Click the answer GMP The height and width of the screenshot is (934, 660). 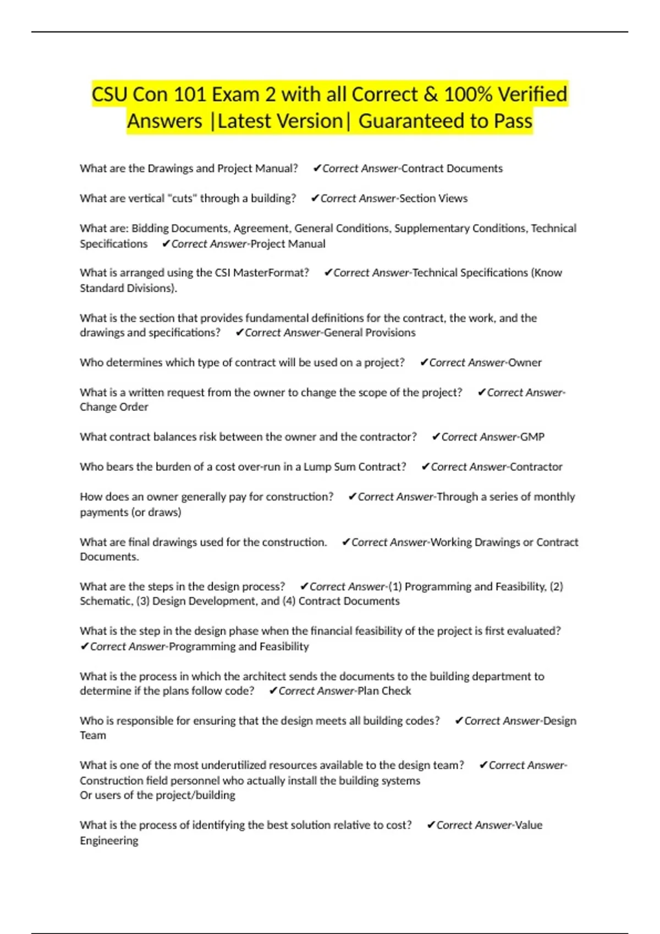(532, 437)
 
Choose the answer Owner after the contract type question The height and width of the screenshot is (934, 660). (525, 363)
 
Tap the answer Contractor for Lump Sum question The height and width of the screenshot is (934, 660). (536, 467)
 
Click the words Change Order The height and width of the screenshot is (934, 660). (114, 407)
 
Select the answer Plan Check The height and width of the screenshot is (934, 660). (384, 691)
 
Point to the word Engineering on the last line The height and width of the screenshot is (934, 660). (109, 841)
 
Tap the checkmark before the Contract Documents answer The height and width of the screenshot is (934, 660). (317, 168)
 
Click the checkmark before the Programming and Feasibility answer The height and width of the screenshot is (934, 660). (85, 647)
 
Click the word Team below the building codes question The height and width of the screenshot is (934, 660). (93, 736)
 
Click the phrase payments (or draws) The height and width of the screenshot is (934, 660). (130, 512)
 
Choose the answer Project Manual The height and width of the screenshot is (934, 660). (288, 244)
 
